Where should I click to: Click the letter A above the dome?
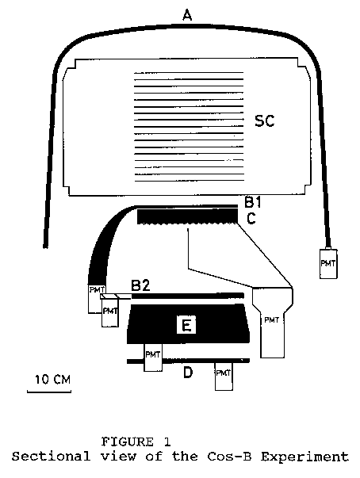pos(187,15)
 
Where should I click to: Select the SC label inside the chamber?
pos(265,120)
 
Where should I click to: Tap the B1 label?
pos(253,202)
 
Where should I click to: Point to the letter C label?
pos(251,218)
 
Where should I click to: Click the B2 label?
pos(140,285)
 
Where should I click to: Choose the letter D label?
pos(188,372)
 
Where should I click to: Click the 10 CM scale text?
pos(53,380)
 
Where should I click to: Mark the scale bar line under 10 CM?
pos(49,392)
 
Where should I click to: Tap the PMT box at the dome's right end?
pos(328,264)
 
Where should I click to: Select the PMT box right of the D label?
pos(224,377)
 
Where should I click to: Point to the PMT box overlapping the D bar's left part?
pos(153,358)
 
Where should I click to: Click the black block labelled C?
pos(187,216)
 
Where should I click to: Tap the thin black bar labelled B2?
pos(187,296)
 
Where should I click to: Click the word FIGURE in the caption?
pos(128,442)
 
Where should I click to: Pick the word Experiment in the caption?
pos(304,457)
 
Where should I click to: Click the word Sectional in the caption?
pos(51,457)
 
